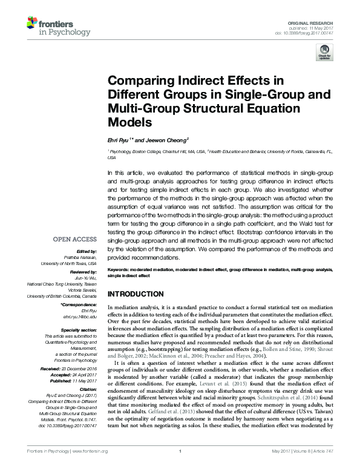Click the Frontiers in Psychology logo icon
31,22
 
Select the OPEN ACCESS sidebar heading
79,239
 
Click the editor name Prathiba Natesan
82,257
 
